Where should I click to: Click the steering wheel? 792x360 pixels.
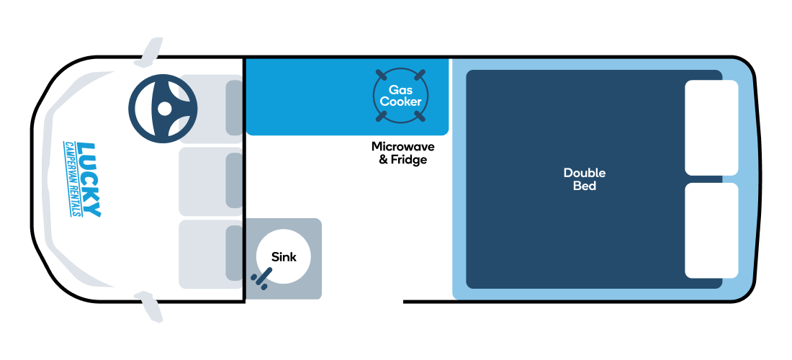163,109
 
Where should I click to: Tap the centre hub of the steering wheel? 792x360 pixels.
165,109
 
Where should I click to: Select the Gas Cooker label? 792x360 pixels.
400,96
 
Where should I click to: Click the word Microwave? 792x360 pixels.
403,146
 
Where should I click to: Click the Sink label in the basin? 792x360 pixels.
284,257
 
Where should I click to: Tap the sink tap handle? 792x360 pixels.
261,278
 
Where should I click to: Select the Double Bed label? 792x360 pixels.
585,179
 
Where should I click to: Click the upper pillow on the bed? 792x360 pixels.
711,127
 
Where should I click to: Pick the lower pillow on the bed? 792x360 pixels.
711,230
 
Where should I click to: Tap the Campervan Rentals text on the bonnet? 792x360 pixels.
71,179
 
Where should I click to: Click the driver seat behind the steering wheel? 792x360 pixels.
211,109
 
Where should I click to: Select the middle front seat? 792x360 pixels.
211,181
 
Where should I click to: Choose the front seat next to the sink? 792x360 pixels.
211,254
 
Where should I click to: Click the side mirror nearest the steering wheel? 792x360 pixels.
150,52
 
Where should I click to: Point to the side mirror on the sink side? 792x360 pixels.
150,307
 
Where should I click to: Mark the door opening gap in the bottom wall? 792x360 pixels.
362,302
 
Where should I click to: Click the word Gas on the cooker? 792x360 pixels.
400,90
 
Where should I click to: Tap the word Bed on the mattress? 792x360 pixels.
585,186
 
